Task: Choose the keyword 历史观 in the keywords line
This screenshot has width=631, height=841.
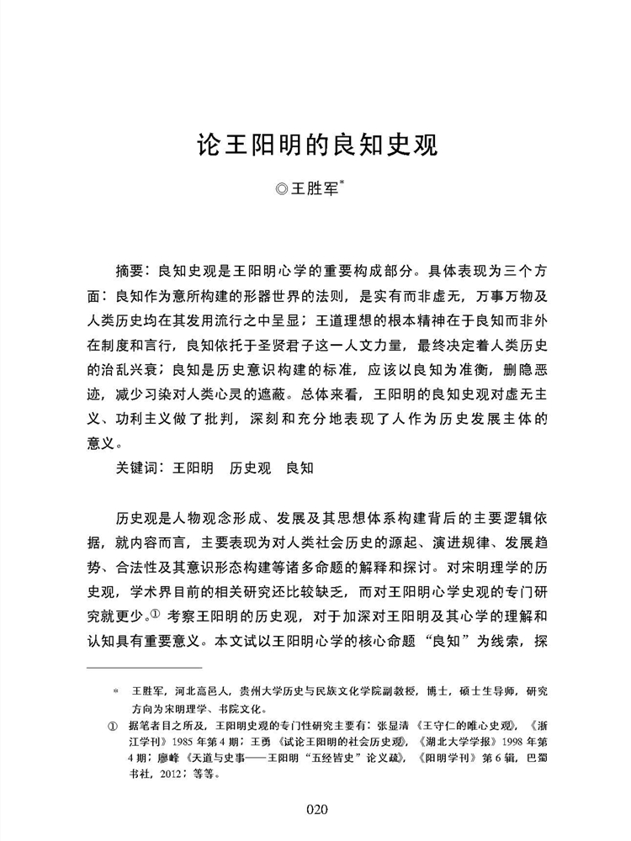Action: click(250, 468)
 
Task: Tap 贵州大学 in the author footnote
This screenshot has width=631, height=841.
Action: click(257, 690)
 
